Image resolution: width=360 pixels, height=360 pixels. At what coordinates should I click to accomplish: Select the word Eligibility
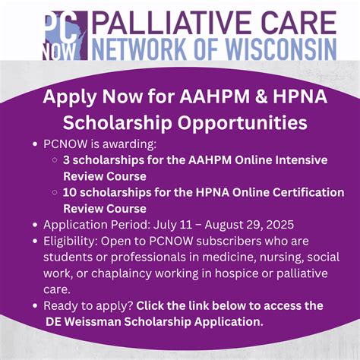point(71,241)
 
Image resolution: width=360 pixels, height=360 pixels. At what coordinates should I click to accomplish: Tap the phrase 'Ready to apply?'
point(88,305)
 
